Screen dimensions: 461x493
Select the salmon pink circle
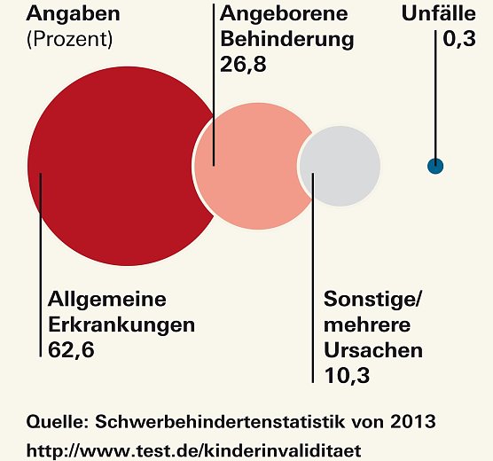(x=253, y=165)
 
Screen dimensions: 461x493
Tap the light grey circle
(x=340, y=166)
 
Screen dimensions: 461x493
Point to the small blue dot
(x=434, y=166)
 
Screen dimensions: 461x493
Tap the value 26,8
(x=244, y=64)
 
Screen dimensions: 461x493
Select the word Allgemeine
(x=106, y=300)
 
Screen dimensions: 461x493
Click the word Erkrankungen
(x=121, y=324)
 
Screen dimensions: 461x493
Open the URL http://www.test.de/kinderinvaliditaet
(x=194, y=449)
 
